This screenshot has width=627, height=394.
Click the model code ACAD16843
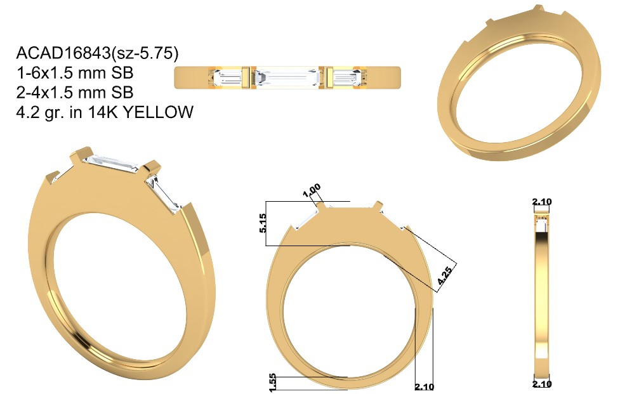[x=63, y=53]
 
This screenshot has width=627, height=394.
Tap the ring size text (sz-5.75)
[x=144, y=53]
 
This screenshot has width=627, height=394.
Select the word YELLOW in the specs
[x=159, y=112]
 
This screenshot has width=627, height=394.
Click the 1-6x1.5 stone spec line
[x=75, y=73]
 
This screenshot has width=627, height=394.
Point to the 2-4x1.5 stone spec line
[x=75, y=92]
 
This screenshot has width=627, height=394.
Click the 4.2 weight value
[x=27, y=112]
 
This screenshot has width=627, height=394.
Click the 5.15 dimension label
[x=262, y=223]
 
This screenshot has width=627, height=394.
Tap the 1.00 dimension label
[x=312, y=190]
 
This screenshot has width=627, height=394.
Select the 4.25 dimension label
[x=445, y=275]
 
